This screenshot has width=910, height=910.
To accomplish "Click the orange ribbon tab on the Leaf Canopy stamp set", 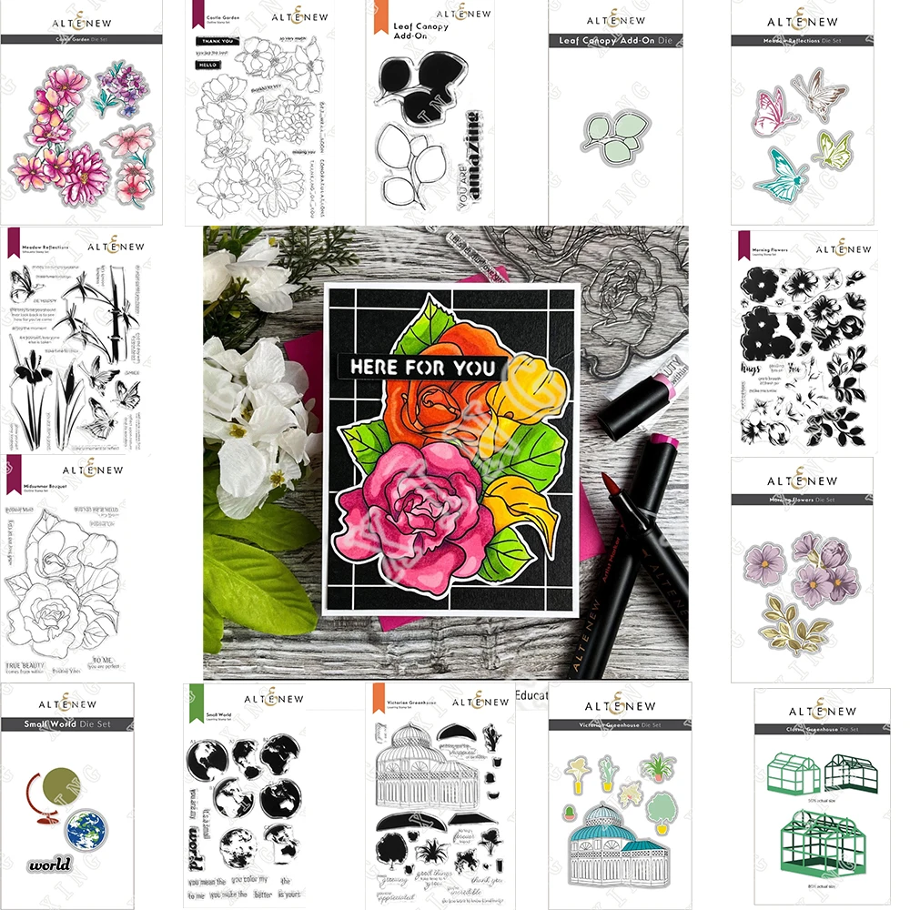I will click(x=373, y=21).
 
